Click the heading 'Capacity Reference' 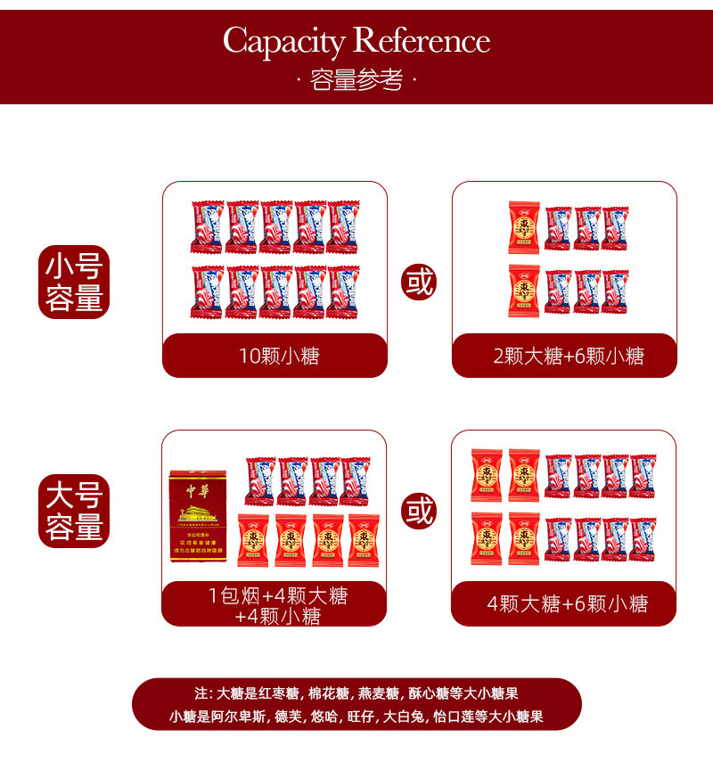click(356, 41)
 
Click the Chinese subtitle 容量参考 click(356, 81)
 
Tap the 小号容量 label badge click(75, 282)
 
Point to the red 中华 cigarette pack click(199, 517)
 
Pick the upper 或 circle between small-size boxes click(418, 282)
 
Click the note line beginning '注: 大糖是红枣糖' click(356, 692)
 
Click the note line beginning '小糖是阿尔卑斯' click(356, 716)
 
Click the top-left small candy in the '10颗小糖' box click(207, 228)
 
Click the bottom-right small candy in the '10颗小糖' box click(344, 292)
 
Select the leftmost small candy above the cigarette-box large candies click(260, 481)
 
